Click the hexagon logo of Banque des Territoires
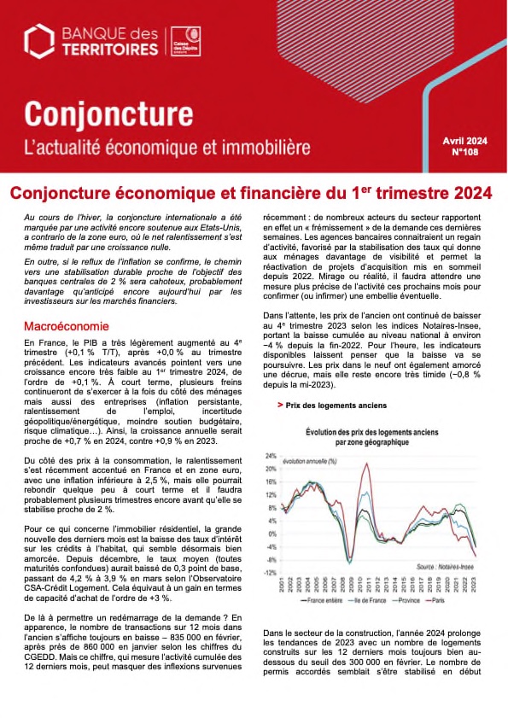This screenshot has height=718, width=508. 39,39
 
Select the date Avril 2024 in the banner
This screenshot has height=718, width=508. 464,140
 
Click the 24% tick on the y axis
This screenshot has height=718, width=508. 271,456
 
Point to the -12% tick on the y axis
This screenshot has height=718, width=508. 270,573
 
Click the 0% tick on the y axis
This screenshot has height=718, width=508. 272,534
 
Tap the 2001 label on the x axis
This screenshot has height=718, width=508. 281,585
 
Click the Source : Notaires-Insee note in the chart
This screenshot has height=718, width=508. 441,565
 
